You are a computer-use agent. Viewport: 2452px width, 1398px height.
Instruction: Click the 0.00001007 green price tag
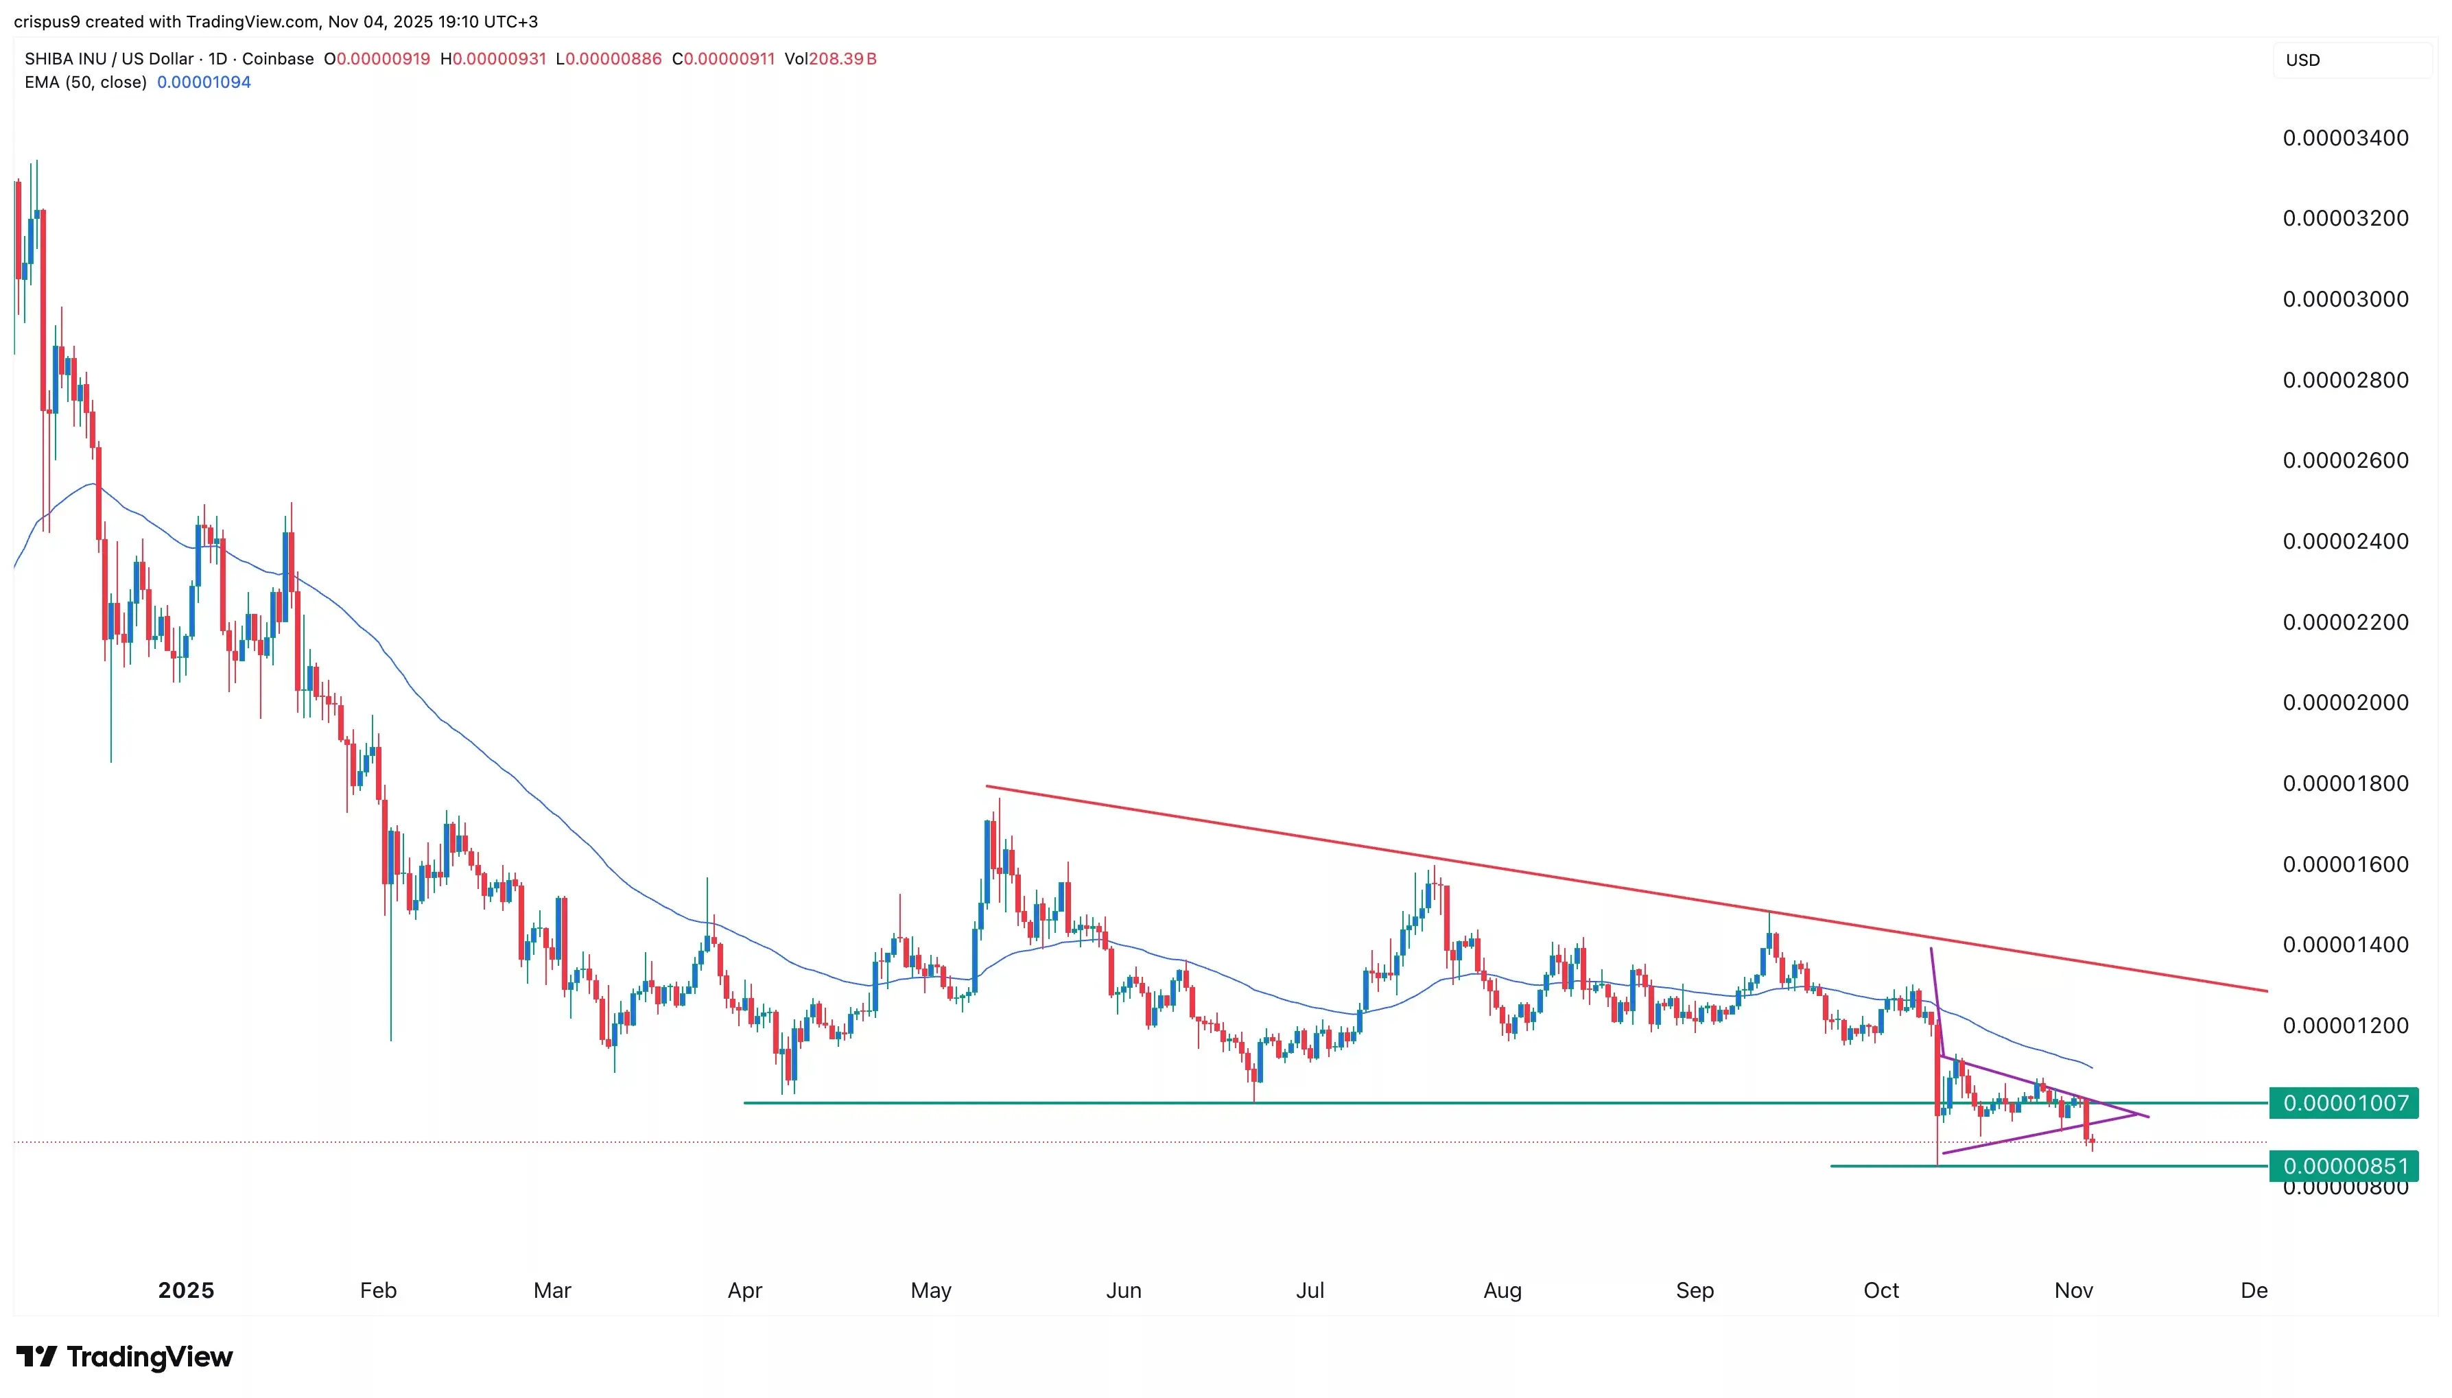point(2344,1102)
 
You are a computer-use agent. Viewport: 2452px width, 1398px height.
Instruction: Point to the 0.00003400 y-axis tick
point(2344,139)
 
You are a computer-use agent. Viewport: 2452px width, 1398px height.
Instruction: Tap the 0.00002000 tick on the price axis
point(2344,703)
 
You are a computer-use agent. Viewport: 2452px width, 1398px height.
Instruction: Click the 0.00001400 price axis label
point(2344,945)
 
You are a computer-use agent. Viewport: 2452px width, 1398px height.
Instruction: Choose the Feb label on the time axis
point(377,1290)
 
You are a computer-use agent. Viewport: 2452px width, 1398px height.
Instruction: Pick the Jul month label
point(1310,1290)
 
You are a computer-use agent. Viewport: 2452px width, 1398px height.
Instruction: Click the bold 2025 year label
point(186,1290)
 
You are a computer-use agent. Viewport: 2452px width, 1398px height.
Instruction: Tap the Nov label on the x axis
point(2073,1290)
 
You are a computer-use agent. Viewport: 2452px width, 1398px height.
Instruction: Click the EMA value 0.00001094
point(204,82)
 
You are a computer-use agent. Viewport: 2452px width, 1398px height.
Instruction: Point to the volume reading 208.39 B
point(842,58)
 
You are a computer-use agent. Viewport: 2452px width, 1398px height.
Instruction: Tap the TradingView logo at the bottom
point(125,1357)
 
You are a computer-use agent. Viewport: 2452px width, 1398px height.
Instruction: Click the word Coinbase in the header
point(277,58)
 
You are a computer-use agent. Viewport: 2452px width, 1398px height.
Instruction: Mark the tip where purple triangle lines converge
point(2147,1115)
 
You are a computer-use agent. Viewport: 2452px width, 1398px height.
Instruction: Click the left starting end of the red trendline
point(987,787)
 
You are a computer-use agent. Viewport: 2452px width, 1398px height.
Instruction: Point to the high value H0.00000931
point(493,58)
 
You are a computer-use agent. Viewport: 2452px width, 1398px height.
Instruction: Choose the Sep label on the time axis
point(1695,1290)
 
